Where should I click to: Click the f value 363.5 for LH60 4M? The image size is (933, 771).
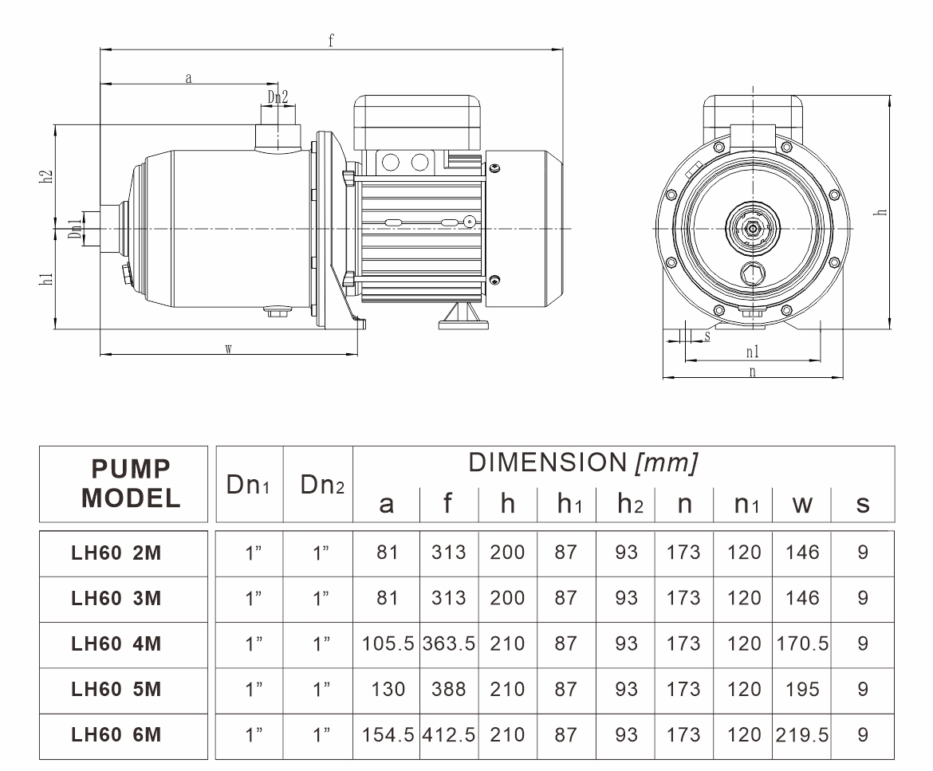(x=448, y=643)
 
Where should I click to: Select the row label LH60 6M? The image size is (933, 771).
(x=116, y=734)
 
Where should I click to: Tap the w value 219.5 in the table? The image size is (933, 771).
(x=802, y=734)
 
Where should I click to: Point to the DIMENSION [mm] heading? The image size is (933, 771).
(x=583, y=463)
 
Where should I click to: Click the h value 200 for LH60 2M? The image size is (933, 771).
(x=507, y=553)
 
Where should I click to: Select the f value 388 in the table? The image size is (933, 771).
(x=448, y=689)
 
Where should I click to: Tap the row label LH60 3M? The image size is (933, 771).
(x=116, y=598)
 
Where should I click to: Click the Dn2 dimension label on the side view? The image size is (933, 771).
(x=278, y=96)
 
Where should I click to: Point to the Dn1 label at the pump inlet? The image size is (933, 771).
(x=74, y=230)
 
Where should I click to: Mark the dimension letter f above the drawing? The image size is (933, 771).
(x=331, y=41)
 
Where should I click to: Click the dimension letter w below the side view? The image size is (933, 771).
(x=228, y=349)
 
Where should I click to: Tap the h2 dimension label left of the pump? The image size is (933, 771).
(x=47, y=177)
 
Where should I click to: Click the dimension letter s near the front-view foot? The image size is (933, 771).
(x=707, y=336)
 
